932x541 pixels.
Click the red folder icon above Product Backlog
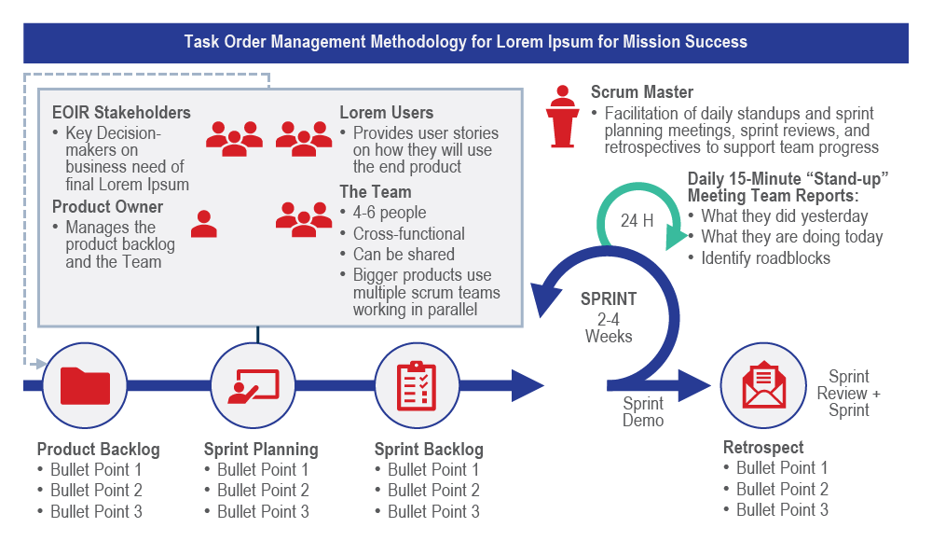(x=85, y=385)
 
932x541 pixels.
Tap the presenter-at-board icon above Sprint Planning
(x=254, y=386)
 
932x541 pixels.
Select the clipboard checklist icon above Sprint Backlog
(x=417, y=385)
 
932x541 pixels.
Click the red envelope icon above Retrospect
(x=764, y=385)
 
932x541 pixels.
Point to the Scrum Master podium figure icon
(x=562, y=116)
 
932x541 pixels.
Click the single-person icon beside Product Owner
(x=204, y=224)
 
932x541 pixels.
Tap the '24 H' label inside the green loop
(x=637, y=221)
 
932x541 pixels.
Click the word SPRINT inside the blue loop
(x=609, y=298)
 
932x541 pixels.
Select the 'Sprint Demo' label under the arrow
(x=643, y=412)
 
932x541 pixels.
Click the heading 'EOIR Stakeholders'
(x=121, y=113)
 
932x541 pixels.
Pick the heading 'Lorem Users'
(x=387, y=113)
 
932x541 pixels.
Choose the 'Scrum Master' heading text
(x=642, y=92)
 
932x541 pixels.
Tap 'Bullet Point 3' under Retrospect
(x=782, y=510)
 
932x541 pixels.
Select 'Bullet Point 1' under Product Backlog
(x=96, y=469)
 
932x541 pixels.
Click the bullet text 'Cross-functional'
(x=409, y=234)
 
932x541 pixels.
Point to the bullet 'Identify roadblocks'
(x=765, y=258)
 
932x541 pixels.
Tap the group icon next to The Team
(x=304, y=219)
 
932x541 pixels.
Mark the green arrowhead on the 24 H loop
(x=676, y=236)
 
